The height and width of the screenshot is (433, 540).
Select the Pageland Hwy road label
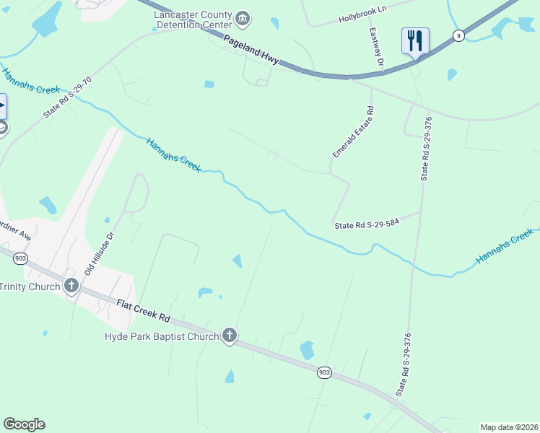(x=251, y=50)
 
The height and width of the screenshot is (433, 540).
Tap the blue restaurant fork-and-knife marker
(x=415, y=40)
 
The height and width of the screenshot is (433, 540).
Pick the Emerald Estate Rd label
(x=352, y=133)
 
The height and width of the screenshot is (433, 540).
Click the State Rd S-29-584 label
(x=367, y=225)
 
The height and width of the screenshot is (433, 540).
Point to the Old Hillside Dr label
(x=100, y=253)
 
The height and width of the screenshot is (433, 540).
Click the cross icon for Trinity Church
(x=71, y=286)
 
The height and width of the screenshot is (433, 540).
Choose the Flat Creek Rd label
(x=143, y=311)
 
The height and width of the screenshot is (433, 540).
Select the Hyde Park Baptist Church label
(x=161, y=336)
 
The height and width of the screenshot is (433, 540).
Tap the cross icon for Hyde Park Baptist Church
(x=229, y=336)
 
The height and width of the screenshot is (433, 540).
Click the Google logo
(x=24, y=424)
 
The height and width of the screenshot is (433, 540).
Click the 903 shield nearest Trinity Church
(x=20, y=258)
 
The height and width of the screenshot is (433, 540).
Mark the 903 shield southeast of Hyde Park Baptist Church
(x=325, y=372)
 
